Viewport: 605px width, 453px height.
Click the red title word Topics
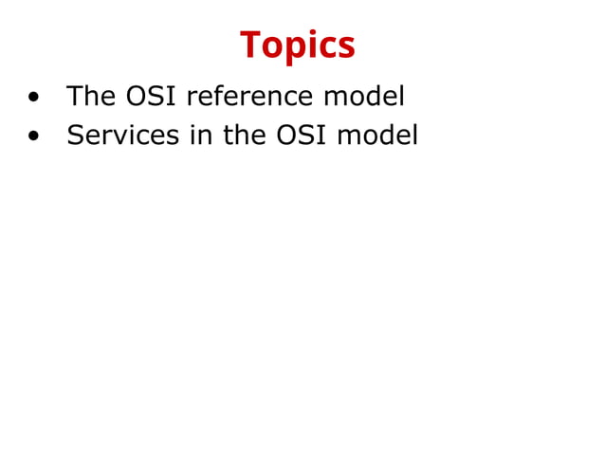[x=298, y=45]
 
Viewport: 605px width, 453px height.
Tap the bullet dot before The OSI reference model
[x=34, y=98]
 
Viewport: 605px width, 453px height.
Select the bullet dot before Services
[x=34, y=136]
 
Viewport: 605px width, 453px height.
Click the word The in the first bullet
[x=91, y=97]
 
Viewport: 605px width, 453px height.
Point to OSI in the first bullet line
[x=153, y=97]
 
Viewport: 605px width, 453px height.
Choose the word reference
[x=248, y=97]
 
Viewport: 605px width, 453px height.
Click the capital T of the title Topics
[x=250, y=45]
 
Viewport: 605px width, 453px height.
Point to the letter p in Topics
[x=289, y=48]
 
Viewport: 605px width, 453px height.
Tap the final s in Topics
[x=347, y=47]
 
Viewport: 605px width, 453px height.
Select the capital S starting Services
[x=75, y=136]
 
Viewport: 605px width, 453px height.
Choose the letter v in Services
[x=119, y=137]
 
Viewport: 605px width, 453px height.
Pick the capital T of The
[x=75, y=97]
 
